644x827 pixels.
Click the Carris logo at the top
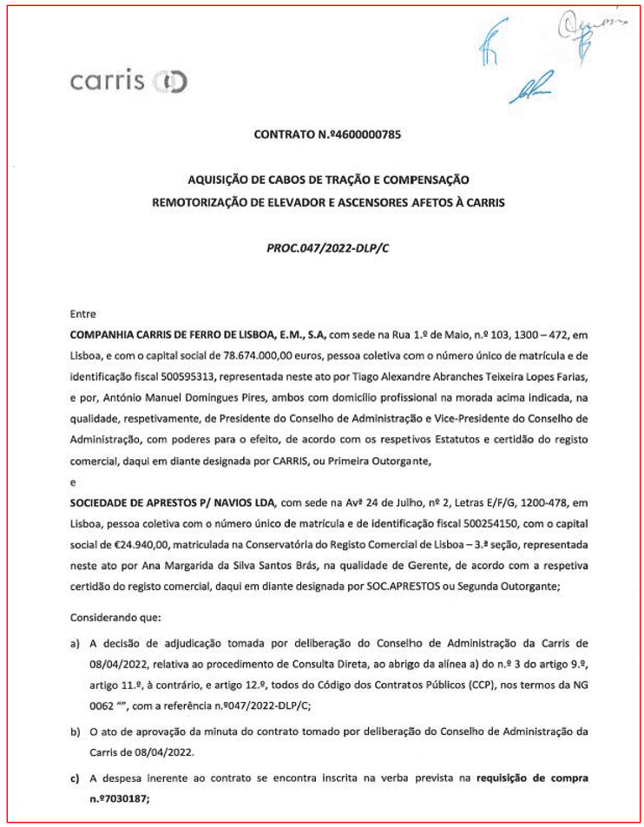128,82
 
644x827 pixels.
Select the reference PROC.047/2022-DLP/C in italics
328,248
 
